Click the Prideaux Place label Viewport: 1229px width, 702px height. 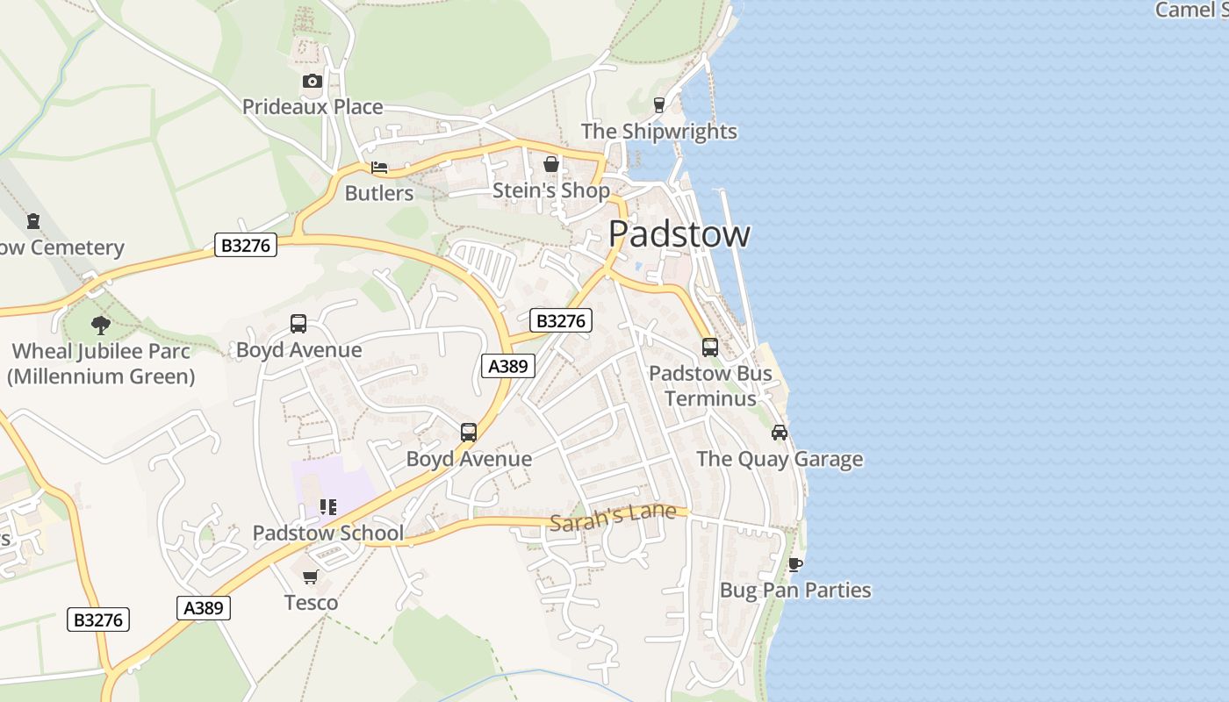[x=313, y=107]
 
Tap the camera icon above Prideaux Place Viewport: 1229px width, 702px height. [x=312, y=82]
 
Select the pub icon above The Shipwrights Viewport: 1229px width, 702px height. [x=659, y=105]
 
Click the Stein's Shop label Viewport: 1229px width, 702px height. [x=550, y=190]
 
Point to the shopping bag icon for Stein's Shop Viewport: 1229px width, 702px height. [x=550, y=164]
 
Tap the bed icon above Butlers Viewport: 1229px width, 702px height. [x=379, y=168]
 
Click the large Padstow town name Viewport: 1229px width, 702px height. [x=679, y=234]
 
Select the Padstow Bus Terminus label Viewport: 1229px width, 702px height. [x=710, y=386]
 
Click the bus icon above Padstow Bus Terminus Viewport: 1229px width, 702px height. [x=710, y=347]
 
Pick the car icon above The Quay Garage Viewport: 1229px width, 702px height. [x=780, y=433]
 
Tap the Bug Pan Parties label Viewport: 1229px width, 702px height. [x=795, y=590]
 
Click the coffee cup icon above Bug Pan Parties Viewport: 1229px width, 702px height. [x=795, y=563]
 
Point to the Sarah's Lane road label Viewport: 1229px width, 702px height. [x=613, y=516]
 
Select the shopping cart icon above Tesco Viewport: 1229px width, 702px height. [x=310, y=577]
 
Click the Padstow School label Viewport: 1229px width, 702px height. [x=328, y=533]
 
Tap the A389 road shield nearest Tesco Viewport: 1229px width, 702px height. [x=204, y=608]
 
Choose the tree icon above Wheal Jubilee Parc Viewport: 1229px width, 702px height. [x=101, y=326]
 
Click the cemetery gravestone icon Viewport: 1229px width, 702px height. [x=33, y=221]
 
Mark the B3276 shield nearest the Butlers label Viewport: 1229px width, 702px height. [x=246, y=246]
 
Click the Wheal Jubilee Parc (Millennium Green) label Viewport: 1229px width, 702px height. [x=101, y=364]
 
